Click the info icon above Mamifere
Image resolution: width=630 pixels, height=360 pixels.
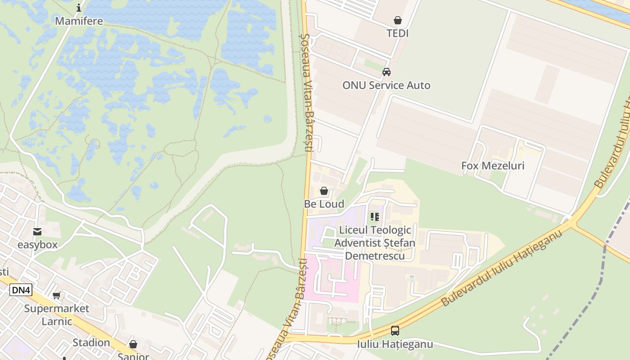(x=79, y=8)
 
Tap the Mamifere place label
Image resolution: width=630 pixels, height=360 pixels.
(x=79, y=21)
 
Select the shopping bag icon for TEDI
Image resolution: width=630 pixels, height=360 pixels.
(x=397, y=20)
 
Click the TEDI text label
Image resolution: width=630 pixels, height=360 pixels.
(x=397, y=33)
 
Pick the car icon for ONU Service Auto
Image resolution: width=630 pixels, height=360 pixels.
(x=386, y=72)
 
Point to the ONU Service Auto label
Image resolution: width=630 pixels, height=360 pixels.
(x=386, y=85)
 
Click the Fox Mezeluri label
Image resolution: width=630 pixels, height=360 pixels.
(x=493, y=166)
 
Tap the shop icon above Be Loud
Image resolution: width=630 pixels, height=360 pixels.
(x=324, y=191)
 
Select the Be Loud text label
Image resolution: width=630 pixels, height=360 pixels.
(x=324, y=204)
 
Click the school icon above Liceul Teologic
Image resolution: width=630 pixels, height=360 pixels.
(x=375, y=217)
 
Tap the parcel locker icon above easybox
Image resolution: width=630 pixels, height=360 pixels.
(x=37, y=232)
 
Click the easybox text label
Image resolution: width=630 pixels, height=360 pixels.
(x=37, y=245)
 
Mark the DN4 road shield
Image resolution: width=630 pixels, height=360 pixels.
(x=21, y=290)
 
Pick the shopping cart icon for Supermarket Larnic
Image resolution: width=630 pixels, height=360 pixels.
(x=57, y=296)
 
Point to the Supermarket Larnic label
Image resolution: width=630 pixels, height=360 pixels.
(x=57, y=315)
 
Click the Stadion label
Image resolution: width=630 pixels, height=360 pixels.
(x=91, y=342)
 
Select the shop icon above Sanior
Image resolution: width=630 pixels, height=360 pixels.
(x=133, y=344)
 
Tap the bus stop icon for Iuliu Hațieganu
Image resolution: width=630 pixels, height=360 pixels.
(x=395, y=331)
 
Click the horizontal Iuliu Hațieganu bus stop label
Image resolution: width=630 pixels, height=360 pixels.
(x=395, y=344)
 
